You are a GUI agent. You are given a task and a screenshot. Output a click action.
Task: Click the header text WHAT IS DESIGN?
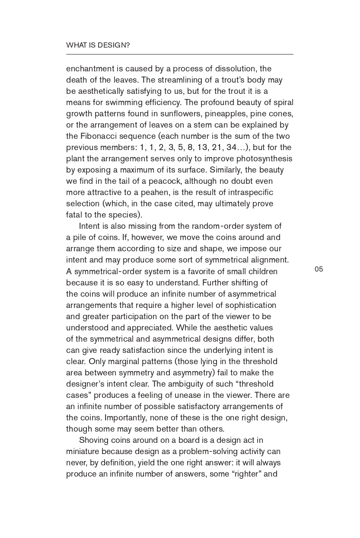98,45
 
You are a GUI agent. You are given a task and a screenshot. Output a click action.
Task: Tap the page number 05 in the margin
319,269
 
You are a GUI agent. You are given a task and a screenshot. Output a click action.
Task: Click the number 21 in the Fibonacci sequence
217,147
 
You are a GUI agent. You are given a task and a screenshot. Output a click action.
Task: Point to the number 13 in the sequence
202,147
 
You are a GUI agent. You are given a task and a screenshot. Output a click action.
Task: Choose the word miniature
83,452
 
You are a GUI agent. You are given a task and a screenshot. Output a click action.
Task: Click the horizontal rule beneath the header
179,54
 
